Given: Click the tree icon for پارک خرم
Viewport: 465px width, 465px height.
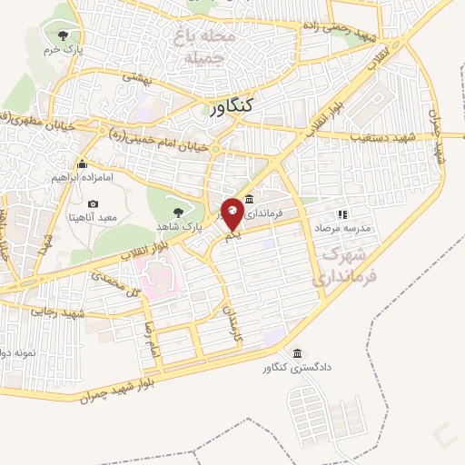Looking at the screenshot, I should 62,35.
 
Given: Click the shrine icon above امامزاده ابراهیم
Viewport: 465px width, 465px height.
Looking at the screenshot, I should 83,163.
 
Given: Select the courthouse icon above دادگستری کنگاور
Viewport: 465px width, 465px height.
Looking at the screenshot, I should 297,352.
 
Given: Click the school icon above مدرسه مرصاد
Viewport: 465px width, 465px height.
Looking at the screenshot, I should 342,214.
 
